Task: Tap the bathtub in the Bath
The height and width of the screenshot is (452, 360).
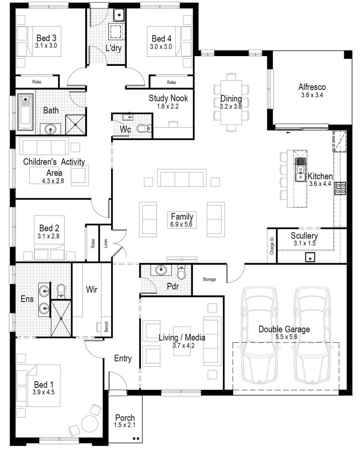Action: pos(26,110)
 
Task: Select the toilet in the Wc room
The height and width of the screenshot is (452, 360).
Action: pos(143,129)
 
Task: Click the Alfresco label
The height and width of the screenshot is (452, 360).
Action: pos(312,87)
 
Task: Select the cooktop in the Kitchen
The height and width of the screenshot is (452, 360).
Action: pos(340,188)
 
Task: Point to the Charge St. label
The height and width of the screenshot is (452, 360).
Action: pos(272,245)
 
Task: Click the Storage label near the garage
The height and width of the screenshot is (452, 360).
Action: pos(209,279)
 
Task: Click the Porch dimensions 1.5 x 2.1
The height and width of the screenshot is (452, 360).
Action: pos(125,425)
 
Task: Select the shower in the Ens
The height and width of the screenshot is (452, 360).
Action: pos(61,318)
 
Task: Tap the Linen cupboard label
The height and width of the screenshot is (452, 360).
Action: pos(105,243)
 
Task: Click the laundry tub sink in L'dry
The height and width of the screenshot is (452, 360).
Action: pos(119,15)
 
